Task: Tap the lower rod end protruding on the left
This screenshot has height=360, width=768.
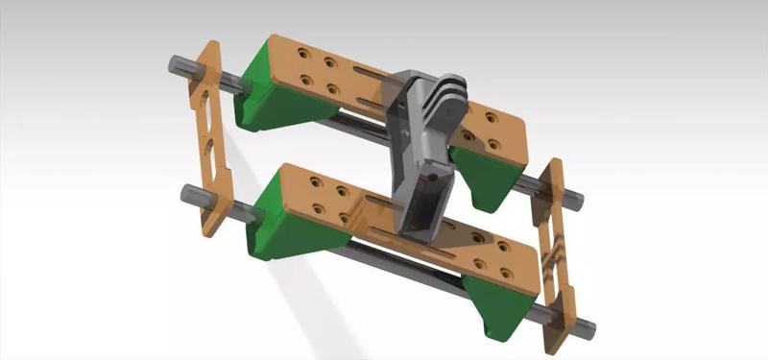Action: (x=191, y=195)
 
